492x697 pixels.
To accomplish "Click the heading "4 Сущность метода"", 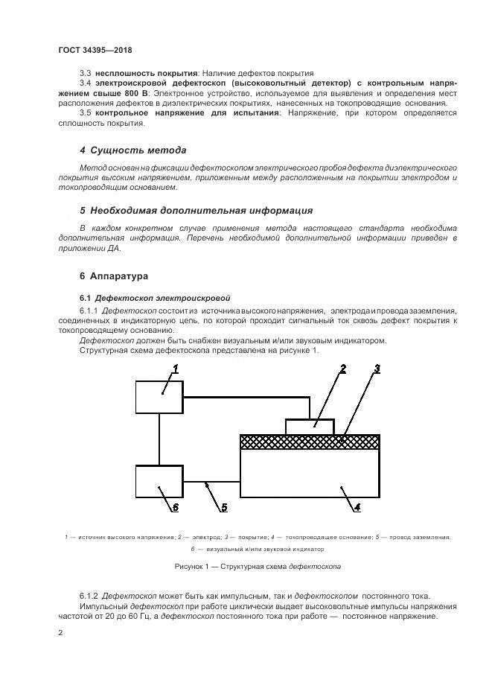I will [132, 150].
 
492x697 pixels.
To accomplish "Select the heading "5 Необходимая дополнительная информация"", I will [196, 211].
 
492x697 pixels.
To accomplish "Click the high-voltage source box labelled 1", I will [159, 395].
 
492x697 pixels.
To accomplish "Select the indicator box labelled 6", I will [159, 481].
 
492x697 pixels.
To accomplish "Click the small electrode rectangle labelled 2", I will [313, 427].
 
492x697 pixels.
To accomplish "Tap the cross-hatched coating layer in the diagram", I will [310, 442].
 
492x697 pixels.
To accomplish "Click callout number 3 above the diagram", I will [377, 368].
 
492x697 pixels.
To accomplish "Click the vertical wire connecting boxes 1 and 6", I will [159, 439].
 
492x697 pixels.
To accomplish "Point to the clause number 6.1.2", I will [89, 596].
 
